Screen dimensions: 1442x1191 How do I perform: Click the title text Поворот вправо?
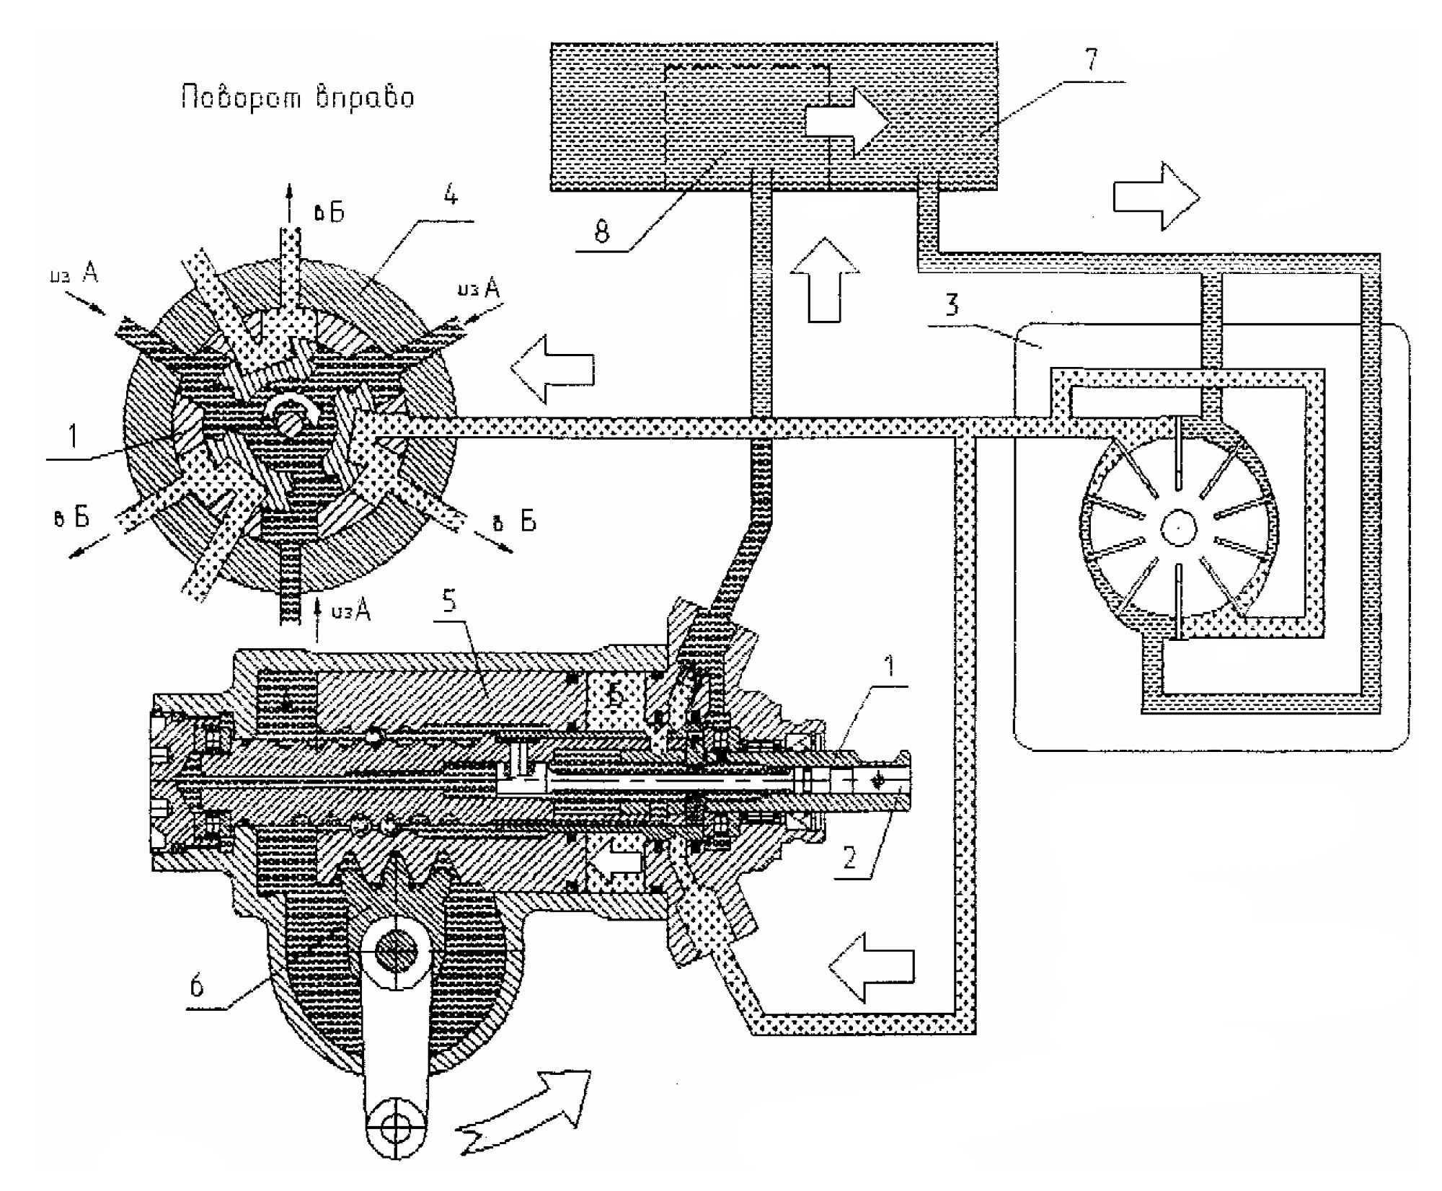298,97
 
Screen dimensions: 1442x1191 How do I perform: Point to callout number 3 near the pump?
952,305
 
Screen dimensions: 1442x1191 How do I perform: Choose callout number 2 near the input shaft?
849,858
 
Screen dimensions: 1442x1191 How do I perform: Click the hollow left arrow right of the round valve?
552,368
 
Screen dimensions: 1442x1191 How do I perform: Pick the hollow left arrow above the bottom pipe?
872,966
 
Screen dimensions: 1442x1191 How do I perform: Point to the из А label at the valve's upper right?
478,289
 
